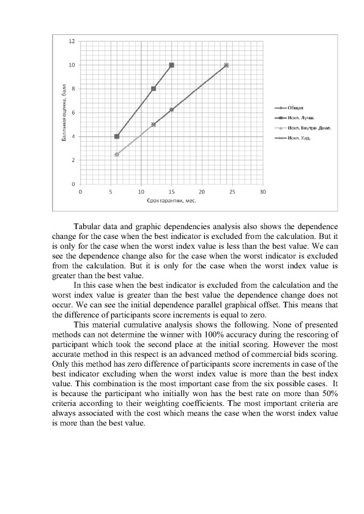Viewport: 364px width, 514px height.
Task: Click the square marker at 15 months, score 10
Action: coord(172,65)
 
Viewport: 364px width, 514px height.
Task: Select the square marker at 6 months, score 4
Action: coord(117,136)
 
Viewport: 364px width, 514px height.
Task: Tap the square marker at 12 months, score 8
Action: coord(154,89)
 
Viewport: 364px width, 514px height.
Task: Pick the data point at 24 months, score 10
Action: coord(226,65)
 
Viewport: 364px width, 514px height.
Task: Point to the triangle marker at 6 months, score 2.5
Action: coord(117,154)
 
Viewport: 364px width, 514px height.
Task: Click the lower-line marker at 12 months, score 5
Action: coord(154,124)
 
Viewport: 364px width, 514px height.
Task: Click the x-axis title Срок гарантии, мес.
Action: coord(171,201)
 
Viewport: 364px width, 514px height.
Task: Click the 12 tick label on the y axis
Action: coord(72,42)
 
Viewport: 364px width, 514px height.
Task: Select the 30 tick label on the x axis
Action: coord(262,191)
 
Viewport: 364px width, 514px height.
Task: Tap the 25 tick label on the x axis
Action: coord(232,191)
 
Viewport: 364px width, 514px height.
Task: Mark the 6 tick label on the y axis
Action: coord(73,112)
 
